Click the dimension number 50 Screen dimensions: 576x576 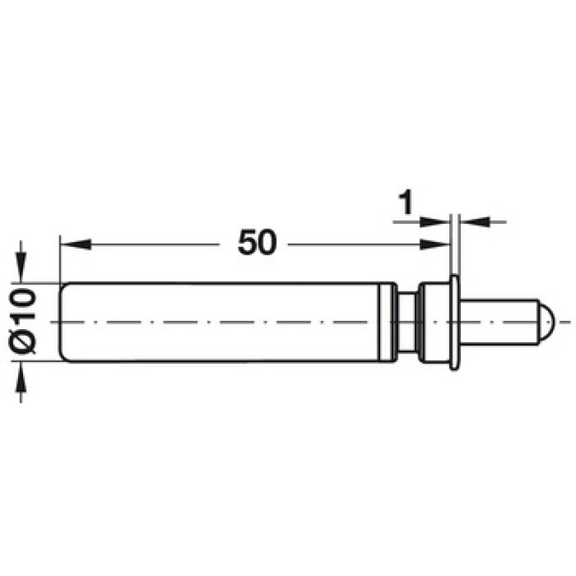pos(257,243)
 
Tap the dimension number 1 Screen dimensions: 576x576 pos(406,202)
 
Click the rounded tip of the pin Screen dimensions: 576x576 pos(546,322)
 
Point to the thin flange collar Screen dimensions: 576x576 pos(454,322)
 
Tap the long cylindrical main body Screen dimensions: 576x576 pos(220,322)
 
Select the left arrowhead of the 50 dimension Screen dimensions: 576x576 pos(76,244)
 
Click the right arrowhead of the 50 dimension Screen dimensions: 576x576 pos(435,244)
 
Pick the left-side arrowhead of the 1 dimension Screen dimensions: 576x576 pos(435,222)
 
